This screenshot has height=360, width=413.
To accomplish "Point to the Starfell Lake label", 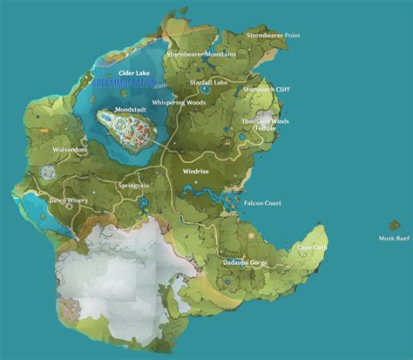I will [x=209, y=82].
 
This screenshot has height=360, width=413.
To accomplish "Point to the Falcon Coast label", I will [x=262, y=202].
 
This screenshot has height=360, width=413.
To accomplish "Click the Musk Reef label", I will [x=393, y=237].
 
